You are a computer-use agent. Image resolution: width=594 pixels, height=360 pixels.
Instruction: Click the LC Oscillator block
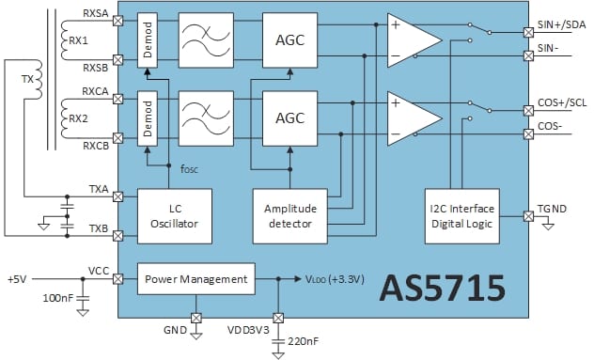[x=175, y=215]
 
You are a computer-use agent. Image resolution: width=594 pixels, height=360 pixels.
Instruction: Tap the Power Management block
[x=195, y=278]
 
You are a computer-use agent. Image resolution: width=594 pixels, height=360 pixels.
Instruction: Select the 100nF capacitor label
[x=57, y=298]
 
